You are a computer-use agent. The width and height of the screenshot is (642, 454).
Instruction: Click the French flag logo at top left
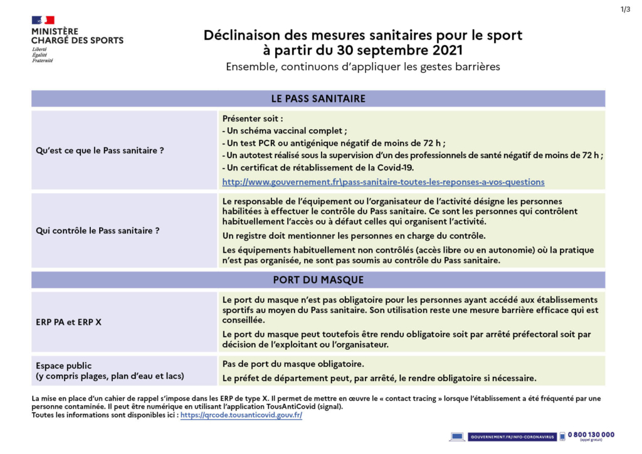pyautogui.click(x=43, y=20)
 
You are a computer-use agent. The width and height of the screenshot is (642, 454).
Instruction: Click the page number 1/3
pyautogui.click(x=625, y=9)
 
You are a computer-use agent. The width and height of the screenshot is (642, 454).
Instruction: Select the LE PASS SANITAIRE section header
pyautogui.click(x=318, y=98)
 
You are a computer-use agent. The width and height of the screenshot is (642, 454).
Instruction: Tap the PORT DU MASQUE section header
pyautogui.click(x=318, y=280)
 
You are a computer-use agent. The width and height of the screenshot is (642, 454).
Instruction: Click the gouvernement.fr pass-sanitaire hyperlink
pyautogui.click(x=383, y=182)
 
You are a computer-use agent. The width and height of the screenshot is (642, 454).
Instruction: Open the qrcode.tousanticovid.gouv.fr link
pyautogui.click(x=241, y=415)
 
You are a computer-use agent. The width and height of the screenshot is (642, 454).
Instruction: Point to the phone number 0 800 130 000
pyautogui.click(x=591, y=435)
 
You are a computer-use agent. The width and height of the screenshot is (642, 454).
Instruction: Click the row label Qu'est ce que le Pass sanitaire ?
pyautogui.click(x=100, y=150)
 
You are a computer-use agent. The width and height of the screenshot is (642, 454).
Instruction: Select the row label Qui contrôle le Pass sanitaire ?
pyautogui.click(x=97, y=231)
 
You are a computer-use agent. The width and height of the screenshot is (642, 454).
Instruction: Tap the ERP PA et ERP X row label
pyautogui.click(x=68, y=322)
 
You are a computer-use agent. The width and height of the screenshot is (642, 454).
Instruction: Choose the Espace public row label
pyautogui.click(x=63, y=366)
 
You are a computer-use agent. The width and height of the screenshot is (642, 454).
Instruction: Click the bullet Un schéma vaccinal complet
pyautogui.click(x=285, y=130)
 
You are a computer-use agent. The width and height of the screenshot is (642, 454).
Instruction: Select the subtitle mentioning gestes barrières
pyautogui.click(x=363, y=67)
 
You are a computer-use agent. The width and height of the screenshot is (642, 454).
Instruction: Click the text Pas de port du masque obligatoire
pyautogui.click(x=293, y=364)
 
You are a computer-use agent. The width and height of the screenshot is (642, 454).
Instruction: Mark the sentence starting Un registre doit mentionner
pyautogui.click(x=354, y=236)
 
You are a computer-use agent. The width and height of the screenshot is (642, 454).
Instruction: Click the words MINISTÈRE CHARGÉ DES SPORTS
pyautogui.click(x=77, y=36)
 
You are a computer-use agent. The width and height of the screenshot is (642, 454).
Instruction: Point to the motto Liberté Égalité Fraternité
pyautogui.click(x=42, y=55)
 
